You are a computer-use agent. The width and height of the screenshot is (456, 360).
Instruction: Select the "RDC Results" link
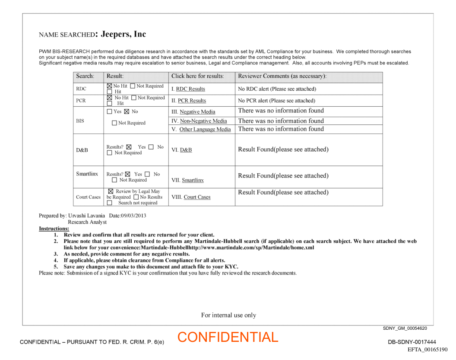click(x=190, y=89)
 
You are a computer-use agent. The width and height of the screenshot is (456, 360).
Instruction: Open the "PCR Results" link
click(x=192, y=101)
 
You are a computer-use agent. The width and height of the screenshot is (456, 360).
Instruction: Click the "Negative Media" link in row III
click(x=197, y=112)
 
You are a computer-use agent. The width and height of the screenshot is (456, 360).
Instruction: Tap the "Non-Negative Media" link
click(x=203, y=121)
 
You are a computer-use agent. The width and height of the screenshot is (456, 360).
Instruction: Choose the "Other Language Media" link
click(x=205, y=129)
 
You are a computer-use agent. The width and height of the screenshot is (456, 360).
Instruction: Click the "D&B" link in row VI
click(x=186, y=150)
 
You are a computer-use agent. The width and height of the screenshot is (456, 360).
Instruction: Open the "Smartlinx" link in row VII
click(x=193, y=180)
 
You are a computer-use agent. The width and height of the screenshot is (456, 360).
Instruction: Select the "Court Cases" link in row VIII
click(x=197, y=197)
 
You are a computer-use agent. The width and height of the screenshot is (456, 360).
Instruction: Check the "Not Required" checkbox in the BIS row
click(x=114, y=123)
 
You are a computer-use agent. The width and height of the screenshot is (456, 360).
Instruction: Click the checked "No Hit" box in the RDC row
click(x=110, y=86)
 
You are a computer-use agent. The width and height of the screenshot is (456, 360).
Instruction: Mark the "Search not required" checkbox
click(x=110, y=203)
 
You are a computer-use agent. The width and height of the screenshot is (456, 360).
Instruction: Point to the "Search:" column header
click(x=85, y=76)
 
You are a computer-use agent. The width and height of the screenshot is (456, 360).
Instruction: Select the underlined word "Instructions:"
click(x=54, y=229)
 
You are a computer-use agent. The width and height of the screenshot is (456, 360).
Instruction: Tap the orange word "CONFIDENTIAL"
click(x=228, y=337)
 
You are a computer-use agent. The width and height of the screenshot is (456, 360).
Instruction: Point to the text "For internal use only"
click(x=228, y=315)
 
